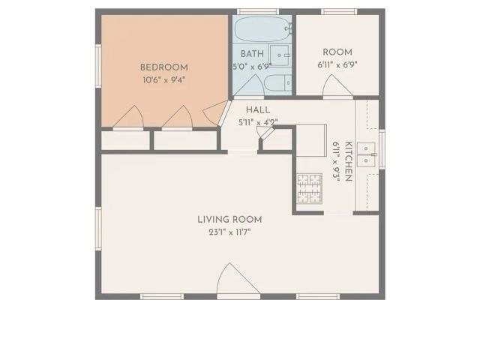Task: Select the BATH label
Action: coord(251,54)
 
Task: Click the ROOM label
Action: coord(337,52)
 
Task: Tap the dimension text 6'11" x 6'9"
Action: coord(337,64)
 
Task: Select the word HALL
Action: coord(257,109)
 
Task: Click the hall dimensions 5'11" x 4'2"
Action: coord(257,121)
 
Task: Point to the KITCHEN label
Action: coord(348,161)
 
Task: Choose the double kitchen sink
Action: coord(367,154)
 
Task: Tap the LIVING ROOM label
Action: coord(229,219)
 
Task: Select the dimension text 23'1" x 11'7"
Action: coord(229,232)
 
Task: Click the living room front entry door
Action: coord(238,281)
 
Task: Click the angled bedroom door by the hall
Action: coord(216,112)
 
